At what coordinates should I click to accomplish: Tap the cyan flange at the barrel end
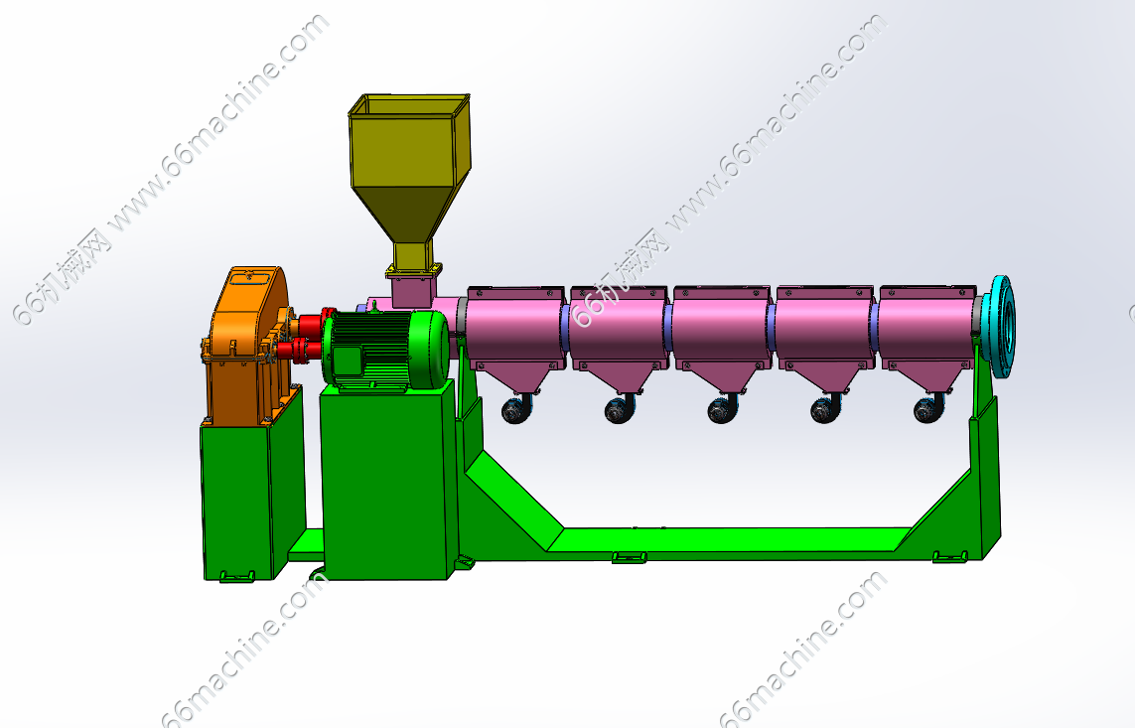[1003, 327]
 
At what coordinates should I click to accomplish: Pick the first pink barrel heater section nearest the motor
[514, 331]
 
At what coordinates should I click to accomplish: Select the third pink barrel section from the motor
[721, 331]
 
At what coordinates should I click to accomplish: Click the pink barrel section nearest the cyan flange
[927, 331]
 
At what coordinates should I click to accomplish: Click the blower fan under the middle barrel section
[722, 410]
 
